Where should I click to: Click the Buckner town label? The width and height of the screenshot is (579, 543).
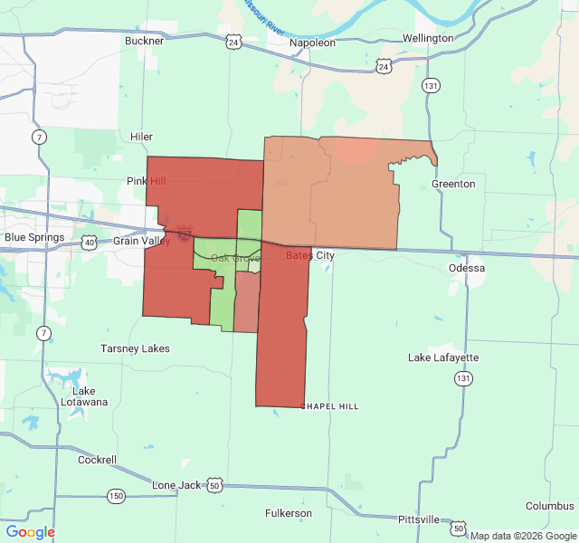pyautogui.click(x=145, y=41)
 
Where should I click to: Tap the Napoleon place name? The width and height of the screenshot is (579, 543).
pyautogui.click(x=312, y=43)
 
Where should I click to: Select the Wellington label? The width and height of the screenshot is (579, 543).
pyautogui.click(x=428, y=38)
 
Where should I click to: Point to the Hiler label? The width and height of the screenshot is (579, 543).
pyautogui.click(x=141, y=137)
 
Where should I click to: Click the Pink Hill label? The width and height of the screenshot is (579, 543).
pyautogui.click(x=146, y=182)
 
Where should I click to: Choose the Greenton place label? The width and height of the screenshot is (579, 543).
pyautogui.click(x=453, y=184)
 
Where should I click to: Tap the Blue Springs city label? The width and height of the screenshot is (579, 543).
pyautogui.click(x=34, y=238)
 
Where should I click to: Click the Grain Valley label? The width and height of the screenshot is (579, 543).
pyautogui.click(x=141, y=242)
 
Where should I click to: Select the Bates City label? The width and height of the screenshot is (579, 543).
pyautogui.click(x=310, y=256)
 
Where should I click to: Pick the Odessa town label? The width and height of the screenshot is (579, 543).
pyautogui.click(x=467, y=269)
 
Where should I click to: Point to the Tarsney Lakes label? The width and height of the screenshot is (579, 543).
pyautogui.click(x=135, y=348)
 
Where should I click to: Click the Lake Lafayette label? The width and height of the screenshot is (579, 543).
pyautogui.click(x=443, y=357)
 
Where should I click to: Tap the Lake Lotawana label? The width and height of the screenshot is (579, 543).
pyautogui.click(x=84, y=395)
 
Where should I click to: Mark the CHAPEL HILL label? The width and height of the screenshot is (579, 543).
pyautogui.click(x=330, y=406)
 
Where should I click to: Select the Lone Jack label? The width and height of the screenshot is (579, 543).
pyautogui.click(x=176, y=485)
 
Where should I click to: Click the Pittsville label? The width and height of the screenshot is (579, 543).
pyautogui.click(x=418, y=519)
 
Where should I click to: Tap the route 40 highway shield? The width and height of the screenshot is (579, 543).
pyautogui.click(x=89, y=243)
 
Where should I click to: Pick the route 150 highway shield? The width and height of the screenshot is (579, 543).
pyautogui.click(x=116, y=496)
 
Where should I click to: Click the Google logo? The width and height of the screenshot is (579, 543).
pyautogui.click(x=30, y=532)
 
